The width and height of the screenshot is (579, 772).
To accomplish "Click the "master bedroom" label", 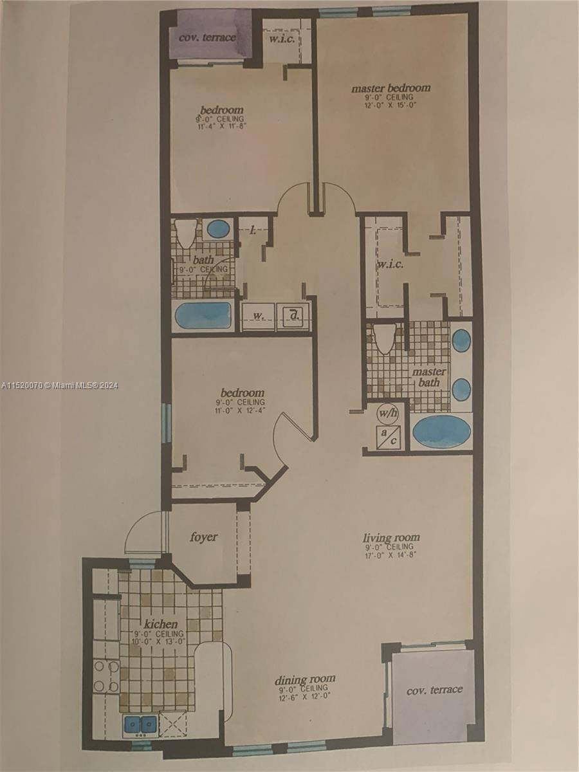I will click(391, 87).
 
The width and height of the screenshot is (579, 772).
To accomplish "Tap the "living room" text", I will click(391, 537).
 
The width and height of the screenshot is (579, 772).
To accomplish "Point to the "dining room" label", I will click(305, 679).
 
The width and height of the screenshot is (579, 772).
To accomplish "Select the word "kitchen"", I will click(161, 623).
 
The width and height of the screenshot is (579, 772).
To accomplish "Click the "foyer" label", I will click(203, 537).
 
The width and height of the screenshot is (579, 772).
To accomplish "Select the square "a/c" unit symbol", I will click(388, 437).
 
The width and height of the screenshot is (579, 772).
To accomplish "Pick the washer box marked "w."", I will click(257, 317).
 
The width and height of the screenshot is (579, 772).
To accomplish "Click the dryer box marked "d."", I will click(293, 317).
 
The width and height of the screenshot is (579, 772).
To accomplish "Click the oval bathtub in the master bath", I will click(441, 431).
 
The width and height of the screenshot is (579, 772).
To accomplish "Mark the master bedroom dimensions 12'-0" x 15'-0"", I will click(391, 106).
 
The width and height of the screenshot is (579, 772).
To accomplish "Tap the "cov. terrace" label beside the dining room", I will click(434, 690).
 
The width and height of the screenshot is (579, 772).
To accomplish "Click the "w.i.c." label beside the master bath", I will click(391, 265).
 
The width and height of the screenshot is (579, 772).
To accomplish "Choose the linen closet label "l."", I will click(253, 230).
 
